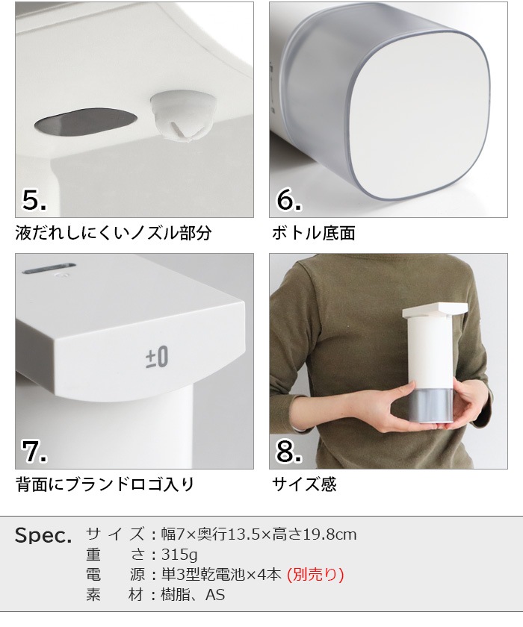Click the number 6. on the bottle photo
pyautogui.click(x=289, y=200)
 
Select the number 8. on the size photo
pyautogui.click(x=289, y=452)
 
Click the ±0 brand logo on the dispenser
pyautogui.click(x=157, y=357)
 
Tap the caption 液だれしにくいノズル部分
pyautogui.click(x=114, y=233)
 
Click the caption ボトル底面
pyautogui.click(x=315, y=233)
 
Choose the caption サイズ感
pyautogui.click(x=305, y=484)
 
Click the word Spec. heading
pyautogui.click(x=43, y=536)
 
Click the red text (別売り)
pyautogui.click(x=315, y=575)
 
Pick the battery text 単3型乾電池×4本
pyautogui.click(x=221, y=575)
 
